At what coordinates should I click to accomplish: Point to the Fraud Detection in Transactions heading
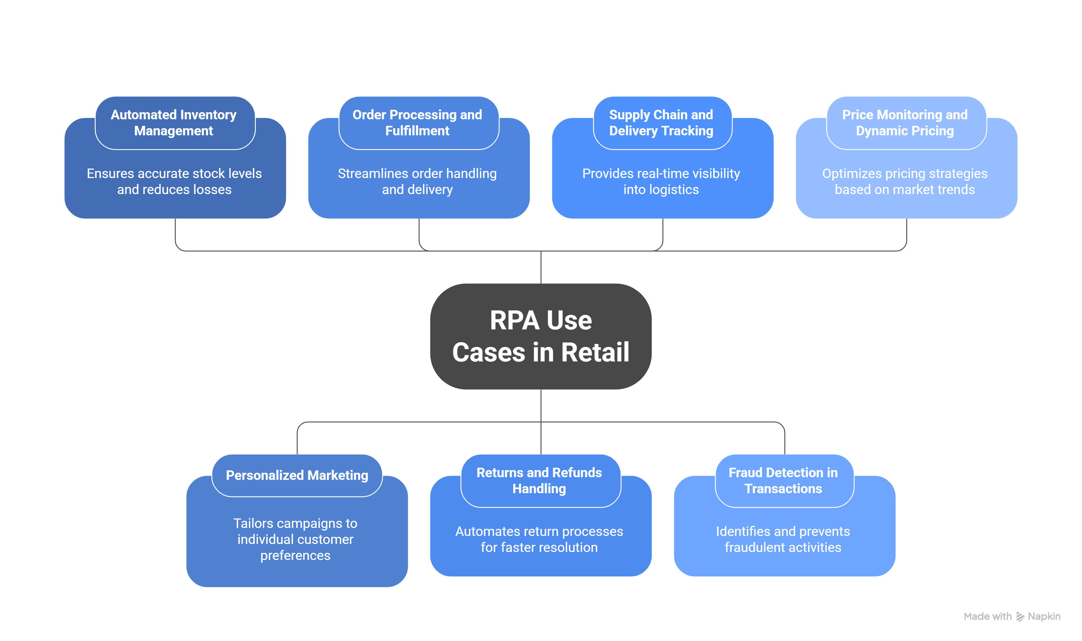(784, 481)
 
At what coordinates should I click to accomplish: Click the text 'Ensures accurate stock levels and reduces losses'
(174, 181)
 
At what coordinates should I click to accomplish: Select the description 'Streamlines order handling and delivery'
(418, 181)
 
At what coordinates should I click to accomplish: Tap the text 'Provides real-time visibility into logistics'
(662, 181)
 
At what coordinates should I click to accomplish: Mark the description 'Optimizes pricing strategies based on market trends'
(906, 181)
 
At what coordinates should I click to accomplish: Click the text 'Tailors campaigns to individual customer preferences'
(296, 540)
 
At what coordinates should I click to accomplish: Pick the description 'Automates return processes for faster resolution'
(540, 540)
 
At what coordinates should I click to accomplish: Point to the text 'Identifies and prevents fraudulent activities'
(784, 540)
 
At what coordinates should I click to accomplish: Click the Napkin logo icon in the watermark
(1021, 617)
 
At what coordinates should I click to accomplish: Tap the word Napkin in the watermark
(1045, 616)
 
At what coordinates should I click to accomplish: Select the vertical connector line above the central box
(541, 268)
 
